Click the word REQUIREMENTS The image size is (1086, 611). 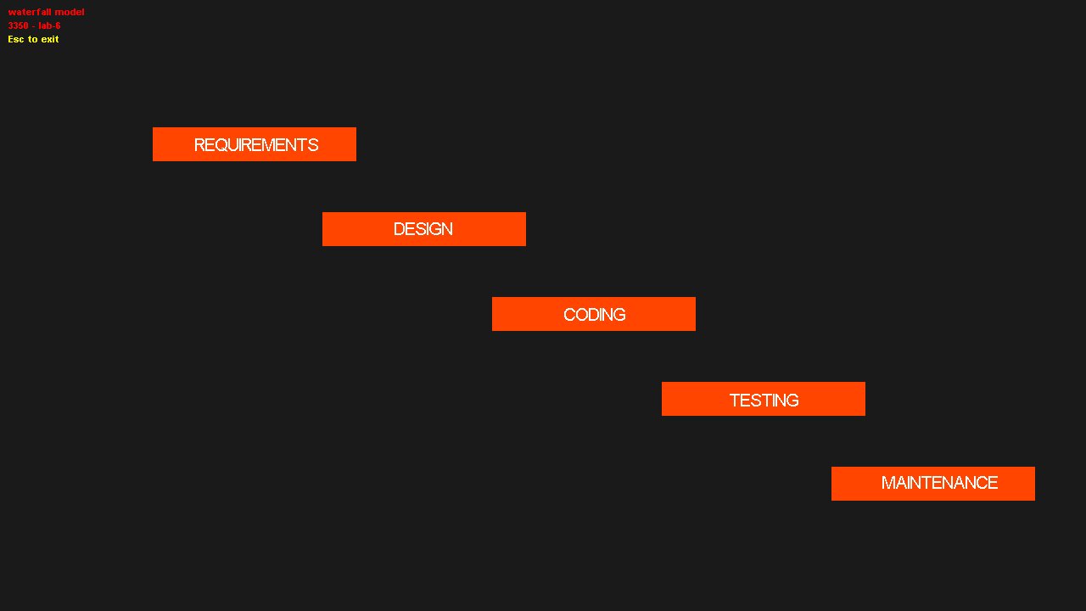click(256, 145)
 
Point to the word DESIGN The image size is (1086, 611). click(423, 229)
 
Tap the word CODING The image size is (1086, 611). click(595, 315)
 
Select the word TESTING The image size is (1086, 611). click(764, 401)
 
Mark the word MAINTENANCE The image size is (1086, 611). click(939, 483)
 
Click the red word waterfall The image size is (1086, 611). click(30, 12)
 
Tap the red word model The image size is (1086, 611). click(70, 12)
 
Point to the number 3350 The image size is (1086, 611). click(18, 25)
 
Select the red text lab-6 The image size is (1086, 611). click(49, 25)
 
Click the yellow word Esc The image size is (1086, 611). click(15, 39)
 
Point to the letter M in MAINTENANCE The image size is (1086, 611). click(887, 483)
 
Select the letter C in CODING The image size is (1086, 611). click(569, 315)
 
